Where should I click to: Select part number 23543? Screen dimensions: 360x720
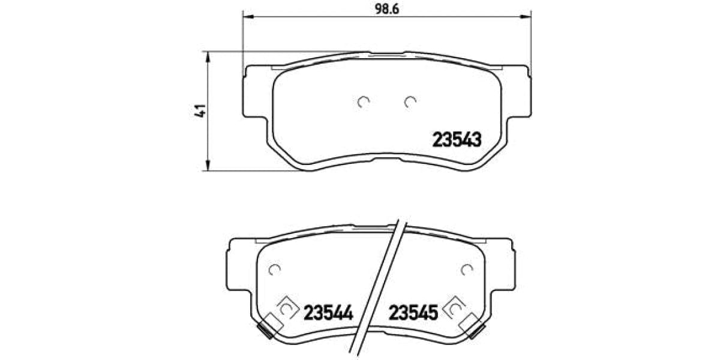pyautogui.click(x=457, y=140)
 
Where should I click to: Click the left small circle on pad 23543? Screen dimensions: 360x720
pyautogui.click(x=362, y=102)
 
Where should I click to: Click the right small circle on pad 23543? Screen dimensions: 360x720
pyautogui.click(x=410, y=102)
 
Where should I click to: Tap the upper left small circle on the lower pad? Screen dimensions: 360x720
pyautogui.click(x=275, y=270)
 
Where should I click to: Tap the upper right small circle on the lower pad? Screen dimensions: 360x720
pyautogui.click(x=466, y=270)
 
